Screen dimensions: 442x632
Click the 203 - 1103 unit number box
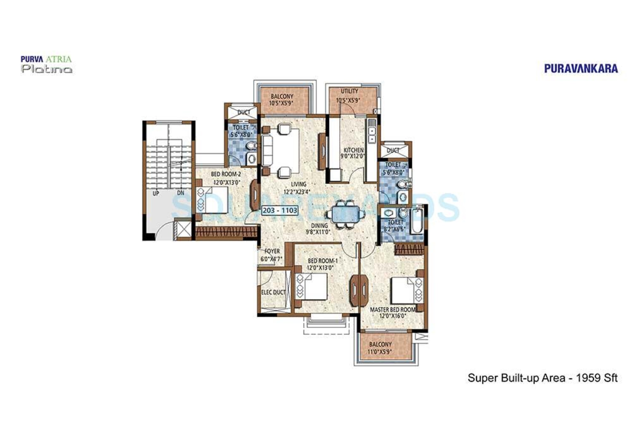point(280,210)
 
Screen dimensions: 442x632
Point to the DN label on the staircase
point(181,193)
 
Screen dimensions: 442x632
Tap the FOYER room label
point(272,251)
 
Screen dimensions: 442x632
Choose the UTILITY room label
point(349,91)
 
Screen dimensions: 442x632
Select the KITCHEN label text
point(353,150)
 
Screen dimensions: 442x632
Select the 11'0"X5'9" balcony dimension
point(380,351)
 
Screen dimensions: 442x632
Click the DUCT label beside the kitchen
point(393,150)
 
